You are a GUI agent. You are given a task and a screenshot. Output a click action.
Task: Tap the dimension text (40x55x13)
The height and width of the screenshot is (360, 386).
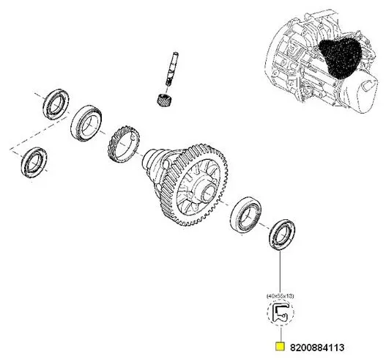[279, 294]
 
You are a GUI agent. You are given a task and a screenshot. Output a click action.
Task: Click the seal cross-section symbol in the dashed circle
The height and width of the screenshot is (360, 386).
[280, 315]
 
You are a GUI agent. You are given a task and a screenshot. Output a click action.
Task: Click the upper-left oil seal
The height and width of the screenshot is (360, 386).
[54, 103]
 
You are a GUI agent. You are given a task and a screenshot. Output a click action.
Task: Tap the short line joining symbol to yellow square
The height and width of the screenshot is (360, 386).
[279, 334]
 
